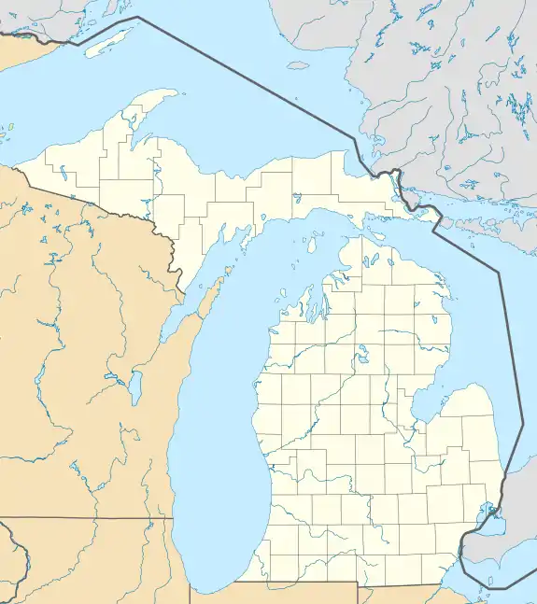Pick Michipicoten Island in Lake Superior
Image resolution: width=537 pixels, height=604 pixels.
[298, 65]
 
